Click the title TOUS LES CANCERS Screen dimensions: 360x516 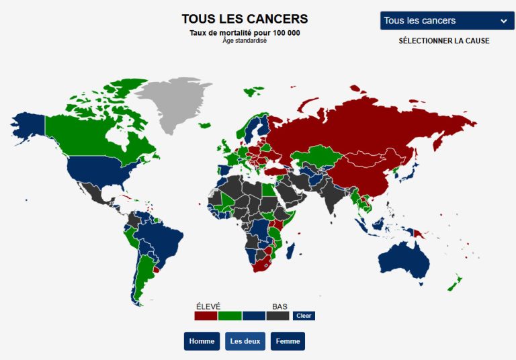click(x=245, y=19)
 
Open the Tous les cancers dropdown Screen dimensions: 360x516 click(x=447, y=21)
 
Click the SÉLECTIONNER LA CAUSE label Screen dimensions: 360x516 click(x=443, y=41)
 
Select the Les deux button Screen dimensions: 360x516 click(x=245, y=341)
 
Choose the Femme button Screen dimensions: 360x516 click(x=288, y=341)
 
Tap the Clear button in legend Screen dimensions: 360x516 click(x=304, y=316)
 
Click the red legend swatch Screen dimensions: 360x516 click(x=206, y=316)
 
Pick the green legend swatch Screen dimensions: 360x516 click(x=230, y=316)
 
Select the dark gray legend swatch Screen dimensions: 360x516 click(x=277, y=316)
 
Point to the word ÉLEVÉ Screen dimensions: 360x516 click(x=208, y=306)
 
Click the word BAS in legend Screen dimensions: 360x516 click(x=279, y=306)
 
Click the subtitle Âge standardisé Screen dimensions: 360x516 click(x=245, y=40)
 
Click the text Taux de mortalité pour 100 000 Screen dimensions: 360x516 click(x=245, y=33)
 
